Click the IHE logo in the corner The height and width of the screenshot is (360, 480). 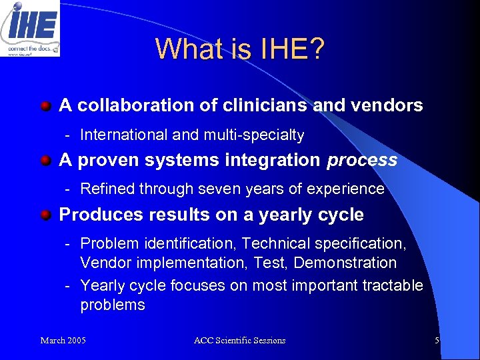pyautogui.click(x=30, y=28)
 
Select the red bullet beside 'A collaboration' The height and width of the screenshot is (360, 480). pyautogui.click(x=45, y=105)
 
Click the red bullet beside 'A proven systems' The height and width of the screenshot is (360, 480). pyautogui.click(x=45, y=161)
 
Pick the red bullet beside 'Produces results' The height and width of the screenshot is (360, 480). pyautogui.click(x=45, y=215)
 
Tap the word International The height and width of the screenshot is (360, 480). pyautogui.click(x=124, y=135)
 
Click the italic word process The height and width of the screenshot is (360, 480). pyautogui.click(x=362, y=161)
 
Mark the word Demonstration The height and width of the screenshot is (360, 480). pyautogui.click(x=345, y=263)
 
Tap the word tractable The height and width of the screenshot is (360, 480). pyautogui.click(x=392, y=286)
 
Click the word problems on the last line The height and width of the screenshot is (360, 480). pyautogui.click(x=112, y=305)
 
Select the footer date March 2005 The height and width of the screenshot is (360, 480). pyautogui.click(x=63, y=341)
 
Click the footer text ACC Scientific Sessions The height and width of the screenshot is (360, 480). pyautogui.click(x=239, y=341)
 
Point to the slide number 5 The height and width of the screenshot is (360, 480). pyautogui.click(x=437, y=341)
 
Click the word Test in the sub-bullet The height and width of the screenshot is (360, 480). pyautogui.click(x=270, y=263)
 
